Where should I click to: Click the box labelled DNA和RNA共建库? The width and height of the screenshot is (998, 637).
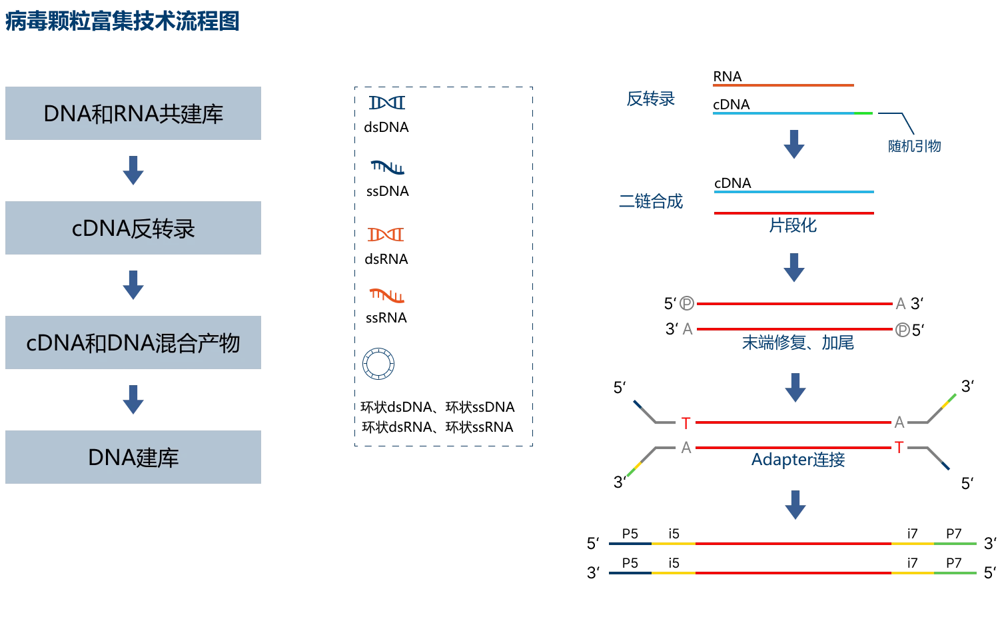[133, 114]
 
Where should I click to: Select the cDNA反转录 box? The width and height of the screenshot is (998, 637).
[133, 228]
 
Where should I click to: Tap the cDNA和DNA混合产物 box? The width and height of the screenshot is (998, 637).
[133, 343]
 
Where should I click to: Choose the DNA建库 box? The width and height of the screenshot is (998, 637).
[133, 456]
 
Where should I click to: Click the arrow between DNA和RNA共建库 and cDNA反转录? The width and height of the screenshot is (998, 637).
[133, 171]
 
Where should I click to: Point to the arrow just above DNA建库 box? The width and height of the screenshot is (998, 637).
[133, 400]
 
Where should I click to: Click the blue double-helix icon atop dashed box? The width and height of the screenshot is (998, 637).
[386, 103]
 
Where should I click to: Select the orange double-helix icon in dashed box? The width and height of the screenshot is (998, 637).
[386, 235]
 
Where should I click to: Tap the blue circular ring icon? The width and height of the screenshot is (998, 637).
[378, 364]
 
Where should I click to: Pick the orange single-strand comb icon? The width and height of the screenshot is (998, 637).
[387, 295]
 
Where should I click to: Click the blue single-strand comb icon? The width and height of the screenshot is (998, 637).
[387, 167]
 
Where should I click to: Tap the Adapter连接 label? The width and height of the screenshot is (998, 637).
[798, 460]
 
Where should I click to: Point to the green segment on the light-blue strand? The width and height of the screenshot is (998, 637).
[864, 115]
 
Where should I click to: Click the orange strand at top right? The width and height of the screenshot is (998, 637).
[784, 85]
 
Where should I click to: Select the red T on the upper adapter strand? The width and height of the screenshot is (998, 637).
[686, 422]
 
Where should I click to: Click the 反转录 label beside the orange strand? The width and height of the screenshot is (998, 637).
[650, 99]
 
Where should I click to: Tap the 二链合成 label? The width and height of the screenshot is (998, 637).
[659, 203]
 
